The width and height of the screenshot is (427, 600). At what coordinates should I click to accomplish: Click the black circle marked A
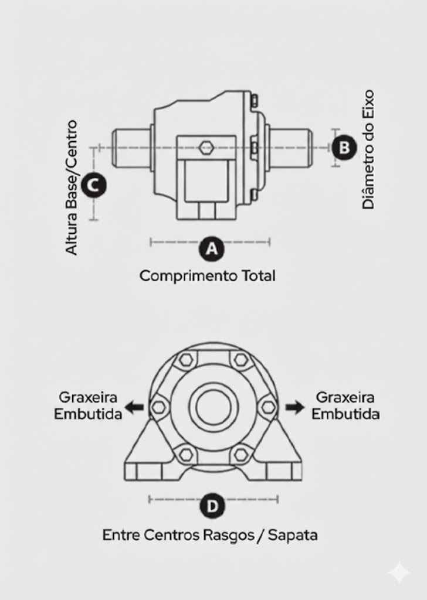[x=211, y=249]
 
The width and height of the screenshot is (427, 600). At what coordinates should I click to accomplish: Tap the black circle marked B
[x=344, y=148]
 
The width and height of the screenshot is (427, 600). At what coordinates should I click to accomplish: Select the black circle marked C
[x=93, y=186]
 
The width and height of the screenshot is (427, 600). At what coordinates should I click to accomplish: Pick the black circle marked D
[x=212, y=506]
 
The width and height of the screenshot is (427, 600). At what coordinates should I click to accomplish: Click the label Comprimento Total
[x=207, y=276]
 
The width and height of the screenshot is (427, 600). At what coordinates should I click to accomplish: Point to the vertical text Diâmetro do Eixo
[x=368, y=149]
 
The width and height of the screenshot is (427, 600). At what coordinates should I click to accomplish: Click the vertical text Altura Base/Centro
[x=72, y=187]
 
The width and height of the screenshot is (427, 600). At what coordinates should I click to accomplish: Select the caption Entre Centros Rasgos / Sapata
[x=210, y=535]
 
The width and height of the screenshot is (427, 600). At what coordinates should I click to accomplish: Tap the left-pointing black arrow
[x=134, y=407]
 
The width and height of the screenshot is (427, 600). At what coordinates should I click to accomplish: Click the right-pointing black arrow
[x=295, y=407]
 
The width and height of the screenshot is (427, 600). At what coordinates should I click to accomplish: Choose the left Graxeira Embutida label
[x=88, y=405]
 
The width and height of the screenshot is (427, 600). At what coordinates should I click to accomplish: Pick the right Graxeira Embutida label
[x=345, y=405]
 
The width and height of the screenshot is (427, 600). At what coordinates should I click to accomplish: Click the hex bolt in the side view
[x=206, y=147]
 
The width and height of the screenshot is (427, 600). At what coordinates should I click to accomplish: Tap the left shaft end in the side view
[x=131, y=148]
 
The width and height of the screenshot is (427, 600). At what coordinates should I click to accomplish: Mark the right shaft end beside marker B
[x=291, y=148]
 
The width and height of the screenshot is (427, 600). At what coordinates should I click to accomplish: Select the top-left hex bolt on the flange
[x=186, y=359]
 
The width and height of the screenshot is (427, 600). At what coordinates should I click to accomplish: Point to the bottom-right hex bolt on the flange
[x=240, y=455]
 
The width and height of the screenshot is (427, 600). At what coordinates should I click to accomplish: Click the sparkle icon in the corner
[x=399, y=572]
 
